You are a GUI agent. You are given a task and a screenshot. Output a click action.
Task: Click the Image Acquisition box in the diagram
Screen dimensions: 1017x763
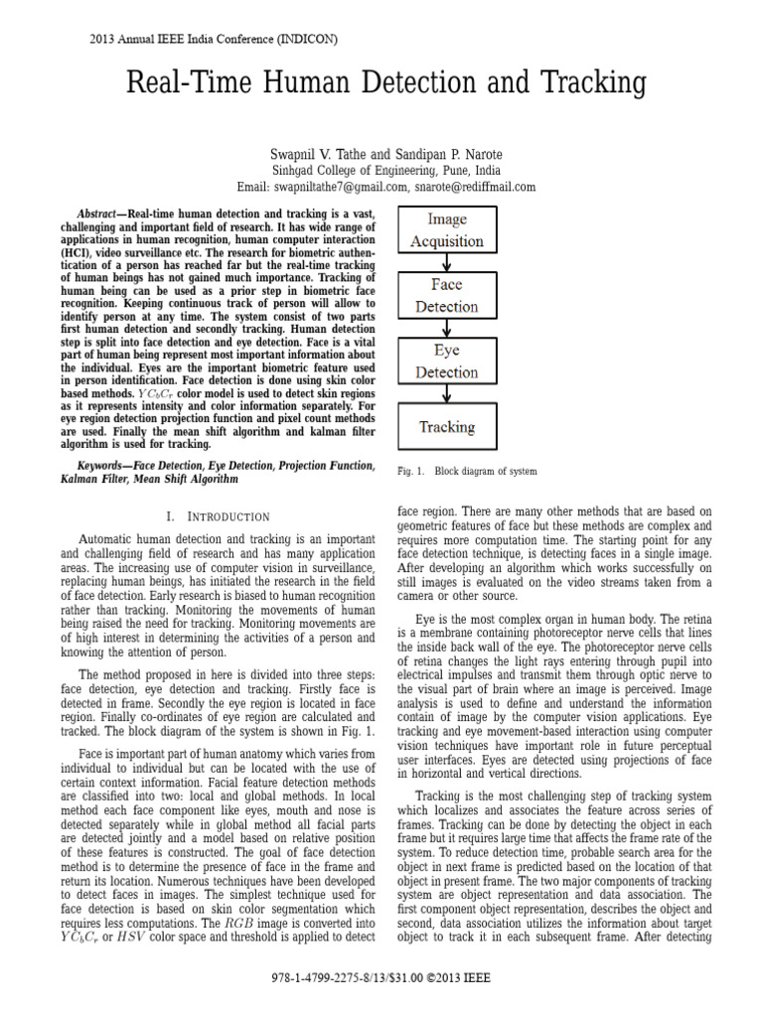pos(447,230)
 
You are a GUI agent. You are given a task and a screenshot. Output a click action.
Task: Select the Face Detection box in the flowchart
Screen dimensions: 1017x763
pos(447,296)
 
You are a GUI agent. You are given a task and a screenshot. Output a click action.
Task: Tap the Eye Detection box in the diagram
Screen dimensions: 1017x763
pos(447,362)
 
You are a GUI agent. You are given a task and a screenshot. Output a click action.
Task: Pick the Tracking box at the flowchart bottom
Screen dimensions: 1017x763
pos(447,427)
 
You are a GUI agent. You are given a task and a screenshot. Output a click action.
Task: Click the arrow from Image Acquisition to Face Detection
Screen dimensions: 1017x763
pos(447,263)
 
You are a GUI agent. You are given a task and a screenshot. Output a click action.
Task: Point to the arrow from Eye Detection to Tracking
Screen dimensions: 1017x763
pos(447,394)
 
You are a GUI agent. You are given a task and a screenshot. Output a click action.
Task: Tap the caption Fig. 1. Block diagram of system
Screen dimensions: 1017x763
pos(466,470)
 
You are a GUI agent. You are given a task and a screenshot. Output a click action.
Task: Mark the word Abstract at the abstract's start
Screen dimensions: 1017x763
pos(100,215)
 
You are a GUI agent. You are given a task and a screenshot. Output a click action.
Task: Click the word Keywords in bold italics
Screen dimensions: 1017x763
pos(104,465)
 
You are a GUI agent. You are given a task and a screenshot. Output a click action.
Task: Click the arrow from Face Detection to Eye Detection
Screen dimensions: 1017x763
pos(447,329)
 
